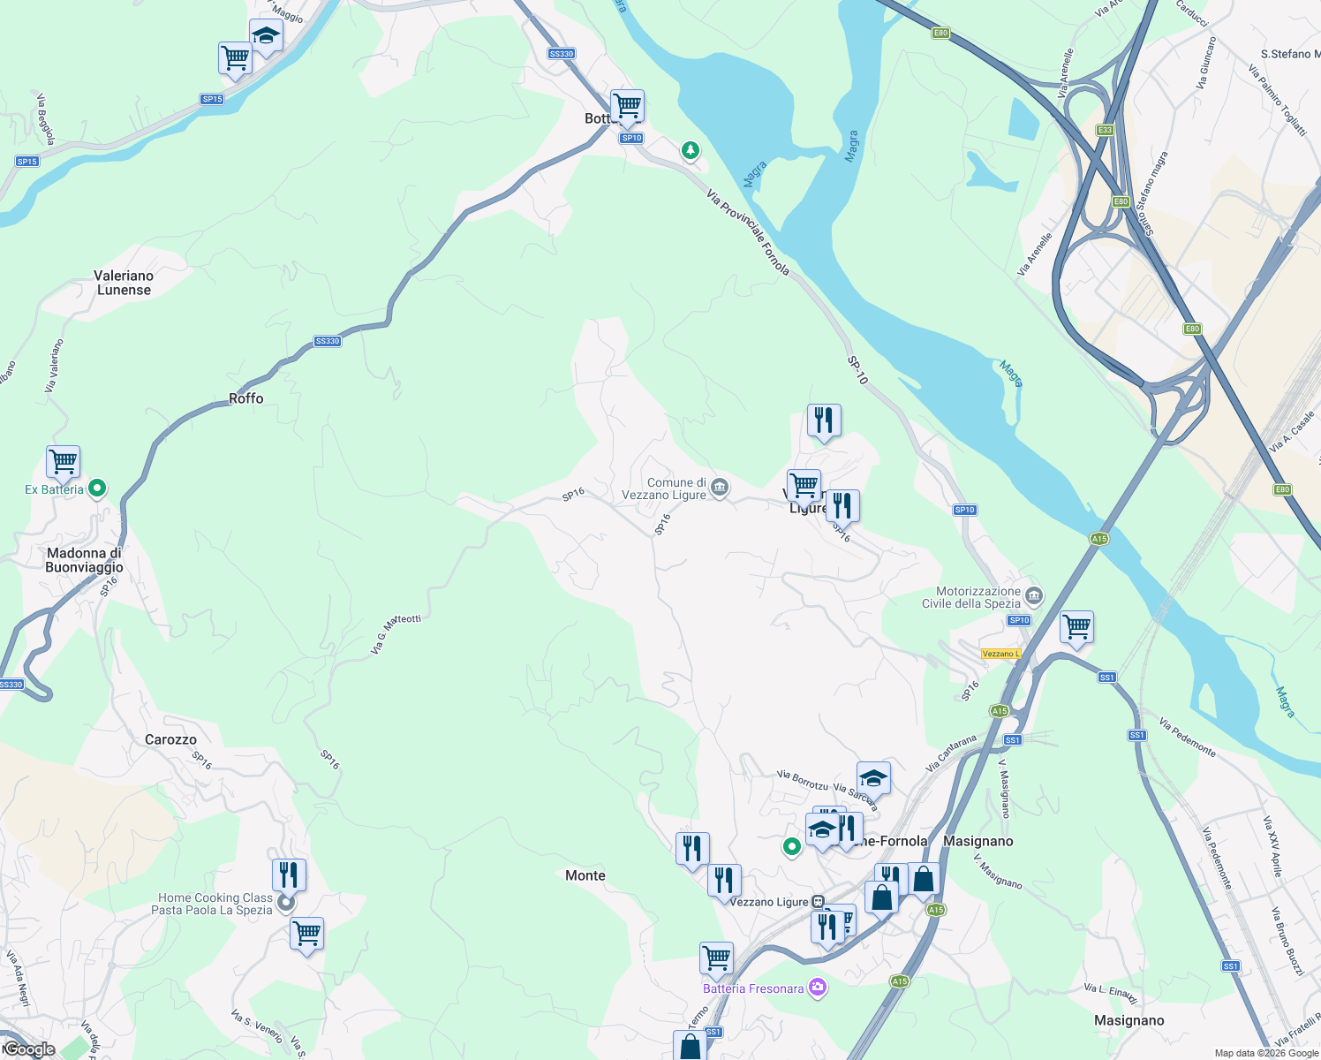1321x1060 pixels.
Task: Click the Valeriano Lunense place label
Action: (x=124, y=283)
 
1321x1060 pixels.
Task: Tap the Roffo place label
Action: (x=246, y=398)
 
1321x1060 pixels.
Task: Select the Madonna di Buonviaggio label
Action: (x=85, y=560)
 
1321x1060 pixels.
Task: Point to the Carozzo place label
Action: (x=170, y=739)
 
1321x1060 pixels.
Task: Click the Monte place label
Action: (x=585, y=875)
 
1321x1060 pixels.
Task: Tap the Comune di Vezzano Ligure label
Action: (x=676, y=488)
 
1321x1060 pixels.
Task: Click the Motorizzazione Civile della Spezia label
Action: (x=971, y=598)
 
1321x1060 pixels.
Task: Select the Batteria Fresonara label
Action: (x=753, y=988)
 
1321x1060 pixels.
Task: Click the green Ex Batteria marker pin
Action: (x=98, y=488)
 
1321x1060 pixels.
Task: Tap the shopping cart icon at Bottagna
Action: (x=627, y=106)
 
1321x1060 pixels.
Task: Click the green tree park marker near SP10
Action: (x=691, y=151)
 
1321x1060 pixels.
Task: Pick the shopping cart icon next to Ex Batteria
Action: (x=64, y=461)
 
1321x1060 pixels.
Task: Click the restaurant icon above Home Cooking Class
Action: (x=289, y=874)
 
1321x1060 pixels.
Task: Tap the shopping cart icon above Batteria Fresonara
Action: (x=716, y=958)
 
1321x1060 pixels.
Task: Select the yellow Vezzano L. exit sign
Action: (x=1000, y=654)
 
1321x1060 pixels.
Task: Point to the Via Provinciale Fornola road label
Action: (x=748, y=232)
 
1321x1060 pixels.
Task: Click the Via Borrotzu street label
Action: (x=803, y=780)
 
